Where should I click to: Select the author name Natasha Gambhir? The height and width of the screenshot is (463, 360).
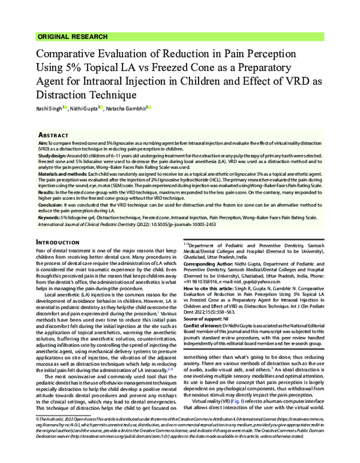125,109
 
